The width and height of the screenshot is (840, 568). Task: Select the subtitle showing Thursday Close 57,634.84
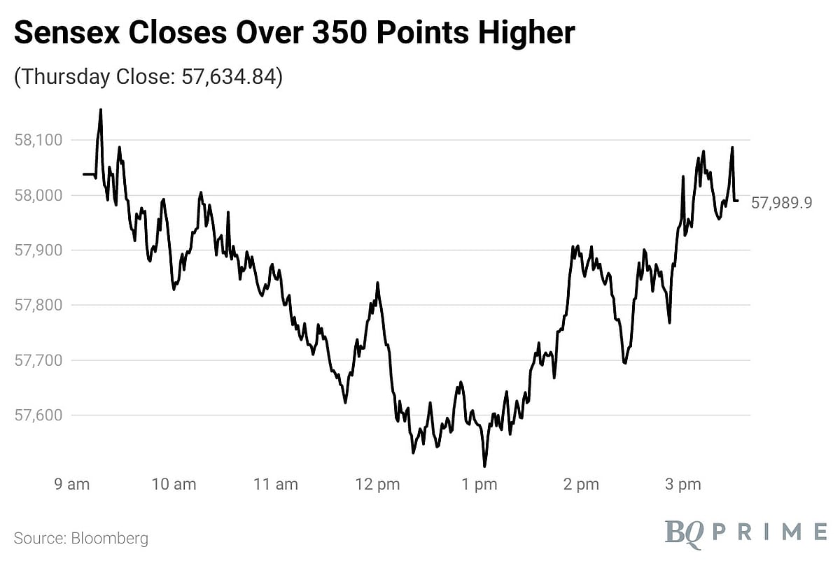[148, 77]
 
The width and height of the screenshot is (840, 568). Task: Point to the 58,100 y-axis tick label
[39, 140]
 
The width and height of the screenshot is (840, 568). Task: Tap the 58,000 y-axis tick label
[39, 195]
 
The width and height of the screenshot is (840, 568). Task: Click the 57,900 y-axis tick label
[39, 250]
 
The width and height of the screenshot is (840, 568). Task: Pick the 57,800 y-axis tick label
[39, 305]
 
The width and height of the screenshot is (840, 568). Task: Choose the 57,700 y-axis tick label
[39, 360]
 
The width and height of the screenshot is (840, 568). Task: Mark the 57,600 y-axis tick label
[39, 416]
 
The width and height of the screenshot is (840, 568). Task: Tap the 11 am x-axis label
[276, 484]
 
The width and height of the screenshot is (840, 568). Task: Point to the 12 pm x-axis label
[378, 484]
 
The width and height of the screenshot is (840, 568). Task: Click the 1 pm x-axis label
[479, 484]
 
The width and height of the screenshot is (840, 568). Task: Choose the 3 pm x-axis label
[682, 484]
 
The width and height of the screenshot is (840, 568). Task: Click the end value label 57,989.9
[781, 204]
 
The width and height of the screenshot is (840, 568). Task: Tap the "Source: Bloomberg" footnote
[81, 539]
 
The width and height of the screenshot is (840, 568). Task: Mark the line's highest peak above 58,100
[101, 110]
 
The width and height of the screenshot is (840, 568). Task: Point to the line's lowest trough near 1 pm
[484, 466]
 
